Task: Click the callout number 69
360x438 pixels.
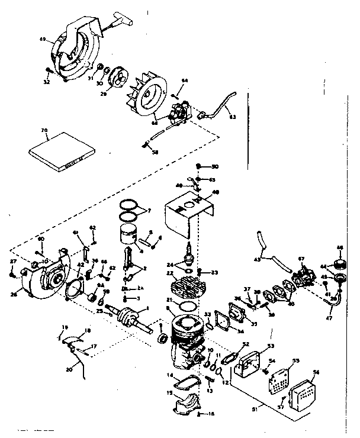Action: pyautogui.click(x=43, y=39)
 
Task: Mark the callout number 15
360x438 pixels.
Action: pyautogui.click(x=169, y=394)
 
